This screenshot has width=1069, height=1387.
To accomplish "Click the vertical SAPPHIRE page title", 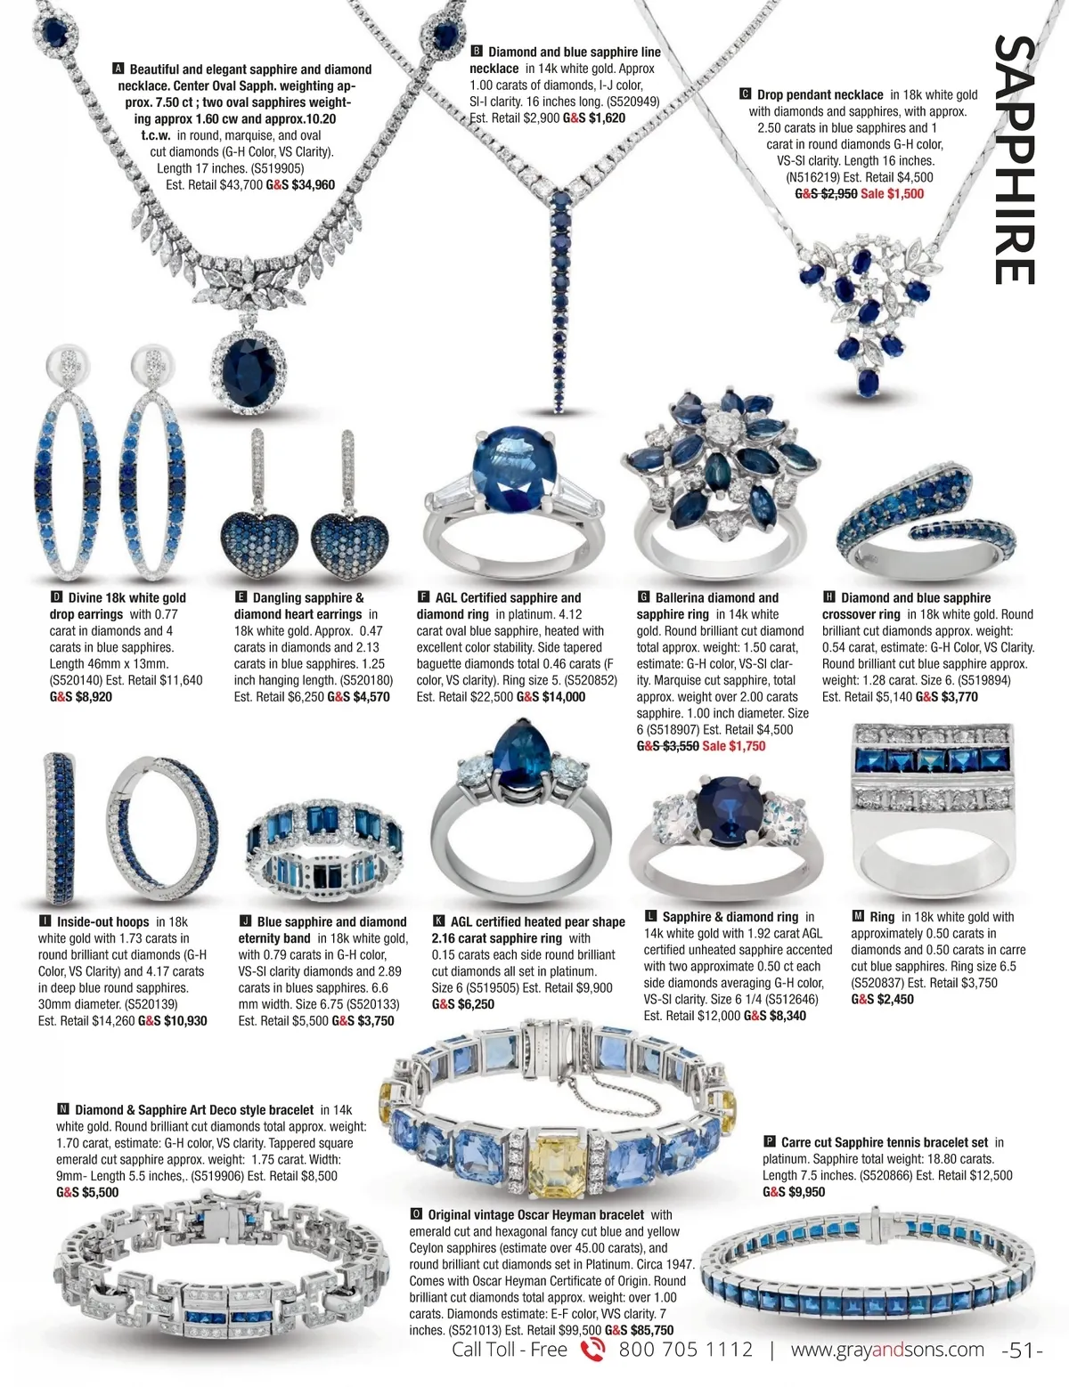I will [x=1015, y=160].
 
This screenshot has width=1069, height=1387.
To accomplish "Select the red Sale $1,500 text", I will [x=892, y=193].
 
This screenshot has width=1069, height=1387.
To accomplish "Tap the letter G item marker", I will [x=643, y=597].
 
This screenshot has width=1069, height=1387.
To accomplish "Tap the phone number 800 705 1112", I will [x=685, y=1350].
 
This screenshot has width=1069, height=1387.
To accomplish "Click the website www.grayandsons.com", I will [x=887, y=1350].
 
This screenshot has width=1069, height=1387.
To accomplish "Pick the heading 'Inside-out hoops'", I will [x=102, y=922].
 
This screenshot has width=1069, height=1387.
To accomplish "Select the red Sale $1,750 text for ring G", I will [x=733, y=746].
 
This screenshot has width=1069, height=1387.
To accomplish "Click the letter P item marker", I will [x=770, y=1142].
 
